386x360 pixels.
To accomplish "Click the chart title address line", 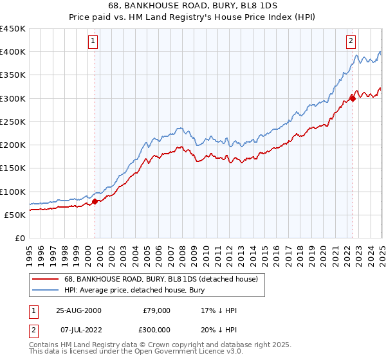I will (192, 6).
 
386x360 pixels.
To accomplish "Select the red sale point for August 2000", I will (95, 201).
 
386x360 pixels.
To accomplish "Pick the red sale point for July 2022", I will (353, 98).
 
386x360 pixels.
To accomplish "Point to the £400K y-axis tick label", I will (13, 52).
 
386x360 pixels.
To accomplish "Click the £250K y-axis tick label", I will (13, 122).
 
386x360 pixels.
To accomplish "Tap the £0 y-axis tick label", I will (19, 238).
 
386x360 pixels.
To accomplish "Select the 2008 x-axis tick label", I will (181, 253).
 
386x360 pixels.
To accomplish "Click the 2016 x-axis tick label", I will (275, 253).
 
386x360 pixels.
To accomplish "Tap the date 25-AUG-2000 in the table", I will (79, 310).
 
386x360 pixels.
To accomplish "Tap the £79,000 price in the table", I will (156, 310).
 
